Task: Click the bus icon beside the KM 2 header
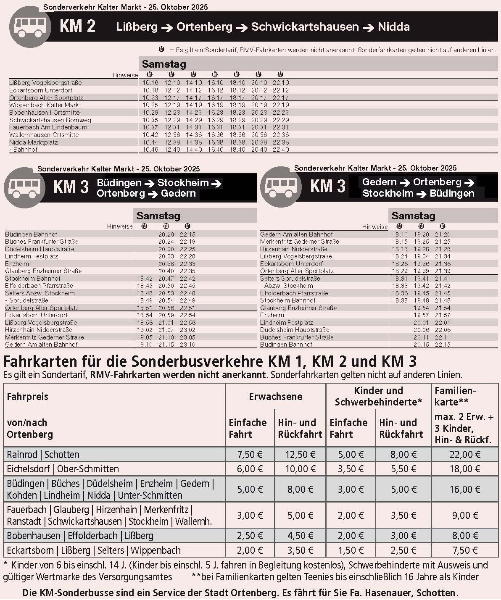coord(30,26)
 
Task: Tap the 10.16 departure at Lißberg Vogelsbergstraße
coord(150,83)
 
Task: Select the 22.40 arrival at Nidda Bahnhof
coord(281,150)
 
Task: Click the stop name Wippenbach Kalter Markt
coord(45,105)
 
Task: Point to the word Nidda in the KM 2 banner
coord(394,27)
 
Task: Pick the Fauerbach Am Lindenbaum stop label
coord(48,127)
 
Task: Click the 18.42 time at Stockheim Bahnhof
coord(145,279)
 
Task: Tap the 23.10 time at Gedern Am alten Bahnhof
coord(187,345)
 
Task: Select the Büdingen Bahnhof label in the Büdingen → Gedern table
coord(31,234)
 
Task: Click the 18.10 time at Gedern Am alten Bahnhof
coord(400,234)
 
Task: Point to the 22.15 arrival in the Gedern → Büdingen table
coord(443,345)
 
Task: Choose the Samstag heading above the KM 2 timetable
coord(164,64)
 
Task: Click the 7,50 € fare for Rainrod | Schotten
coord(250,455)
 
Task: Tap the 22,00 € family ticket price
coord(465,455)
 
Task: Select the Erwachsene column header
coord(275,397)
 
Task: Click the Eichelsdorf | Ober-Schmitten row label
coord(63,469)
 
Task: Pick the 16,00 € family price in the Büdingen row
coord(465,489)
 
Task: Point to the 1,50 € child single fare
coord(351,550)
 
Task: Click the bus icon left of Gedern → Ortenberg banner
coord(281,187)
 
